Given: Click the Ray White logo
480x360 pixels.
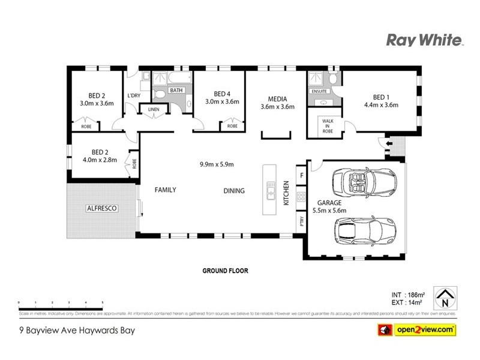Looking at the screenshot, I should pyautogui.click(x=424, y=40).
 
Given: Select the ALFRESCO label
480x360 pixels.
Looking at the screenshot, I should pyautogui.click(x=101, y=208).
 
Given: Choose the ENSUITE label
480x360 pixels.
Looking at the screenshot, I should pyautogui.click(x=319, y=91).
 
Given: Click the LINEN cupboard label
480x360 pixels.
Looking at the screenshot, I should pyautogui.click(x=153, y=109).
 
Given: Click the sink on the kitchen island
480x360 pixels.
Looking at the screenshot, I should pyautogui.click(x=271, y=193).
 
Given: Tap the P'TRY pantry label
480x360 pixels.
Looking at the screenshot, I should pyautogui.click(x=301, y=222).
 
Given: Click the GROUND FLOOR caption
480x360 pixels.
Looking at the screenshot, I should pyautogui.click(x=224, y=271).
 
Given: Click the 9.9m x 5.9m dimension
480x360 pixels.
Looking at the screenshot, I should pyautogui.click(x=217, y=164).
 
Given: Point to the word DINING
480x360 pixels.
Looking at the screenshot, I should pyautogui.click(x=235, y=191).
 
